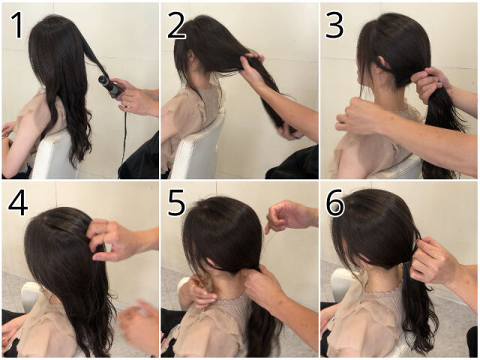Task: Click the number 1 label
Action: [18, 25]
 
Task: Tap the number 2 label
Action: [176, 27]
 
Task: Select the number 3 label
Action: [334, 27]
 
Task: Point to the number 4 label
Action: [18, 203]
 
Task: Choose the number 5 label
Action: [176, 203]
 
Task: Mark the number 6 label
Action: [335, 203]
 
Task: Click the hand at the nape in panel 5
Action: [263, 286]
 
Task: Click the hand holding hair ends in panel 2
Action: [289, 131]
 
